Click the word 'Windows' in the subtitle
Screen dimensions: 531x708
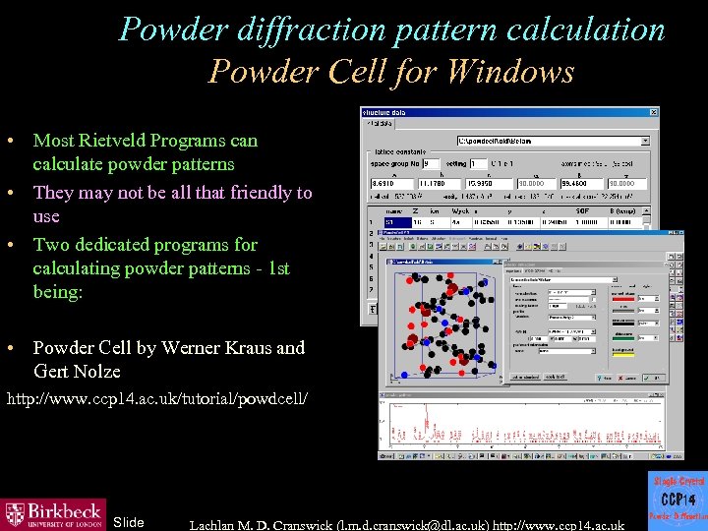517,72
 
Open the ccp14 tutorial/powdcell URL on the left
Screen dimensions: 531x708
157,400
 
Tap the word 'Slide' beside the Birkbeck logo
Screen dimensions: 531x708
129,522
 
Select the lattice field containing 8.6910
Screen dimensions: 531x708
387,183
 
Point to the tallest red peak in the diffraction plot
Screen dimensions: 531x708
395,407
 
